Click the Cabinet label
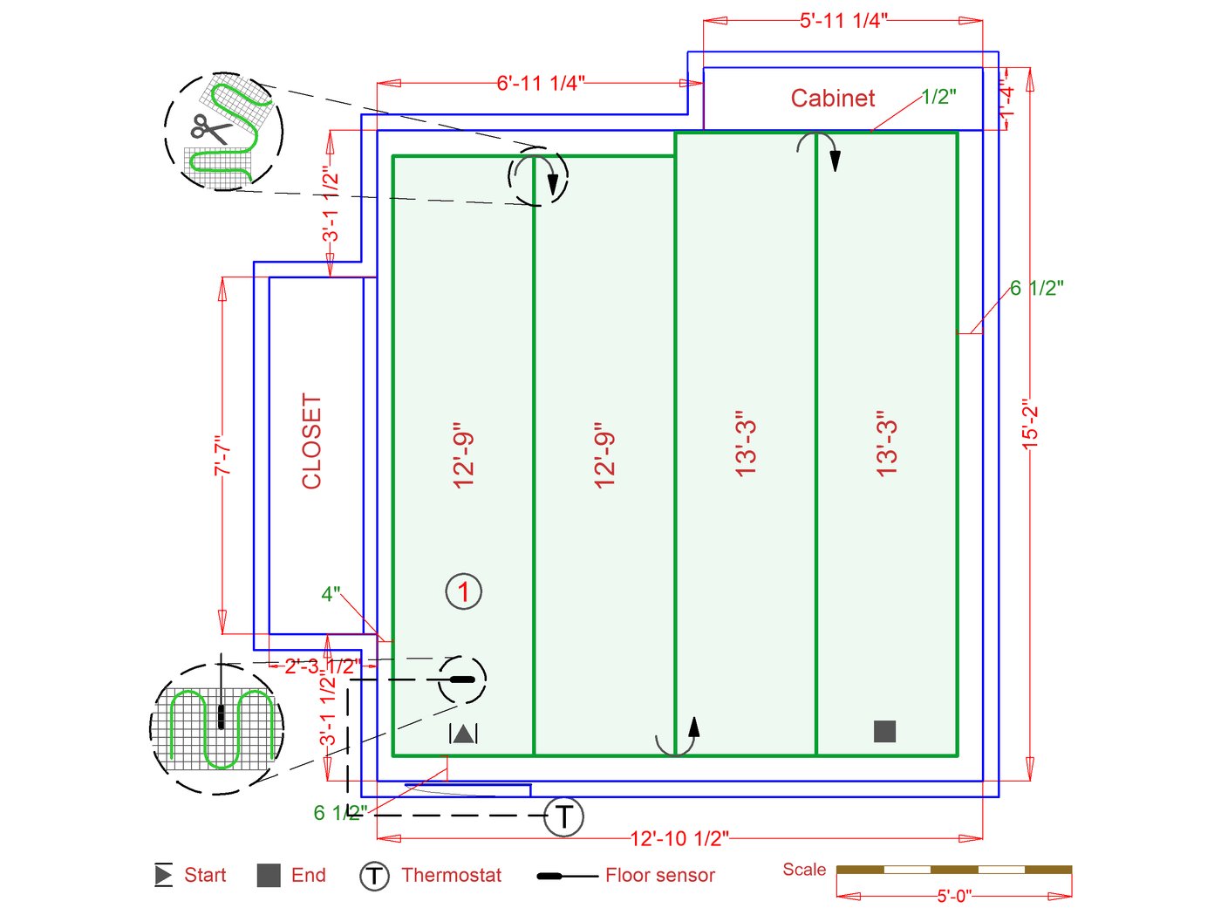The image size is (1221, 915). click(832, 98)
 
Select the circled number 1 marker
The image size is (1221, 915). click(464, 591)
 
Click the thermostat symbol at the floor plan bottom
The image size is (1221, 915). click(563, 816)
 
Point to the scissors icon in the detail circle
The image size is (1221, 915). click(209, 129)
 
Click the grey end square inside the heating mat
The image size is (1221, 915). click(884, 731)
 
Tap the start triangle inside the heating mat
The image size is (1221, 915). click(463, 734)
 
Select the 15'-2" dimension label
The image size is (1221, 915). click(1031, 425)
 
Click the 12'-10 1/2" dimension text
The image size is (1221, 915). click(679, 838)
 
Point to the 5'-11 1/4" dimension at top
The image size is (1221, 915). click(842, 20)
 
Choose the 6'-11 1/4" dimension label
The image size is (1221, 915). click(541, 83)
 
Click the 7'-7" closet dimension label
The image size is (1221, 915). click(223, 455)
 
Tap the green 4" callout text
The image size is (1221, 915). click(331, 594)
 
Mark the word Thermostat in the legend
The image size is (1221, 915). click(451, 875)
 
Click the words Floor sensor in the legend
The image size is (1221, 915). click(659, 875)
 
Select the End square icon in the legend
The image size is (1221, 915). click(269, 875)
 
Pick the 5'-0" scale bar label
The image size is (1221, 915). click(954, 896)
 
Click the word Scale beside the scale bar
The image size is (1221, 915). click(804, 869)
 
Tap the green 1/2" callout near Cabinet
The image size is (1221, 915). click(938, 97)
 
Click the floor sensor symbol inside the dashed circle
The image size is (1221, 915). click(461, 679)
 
